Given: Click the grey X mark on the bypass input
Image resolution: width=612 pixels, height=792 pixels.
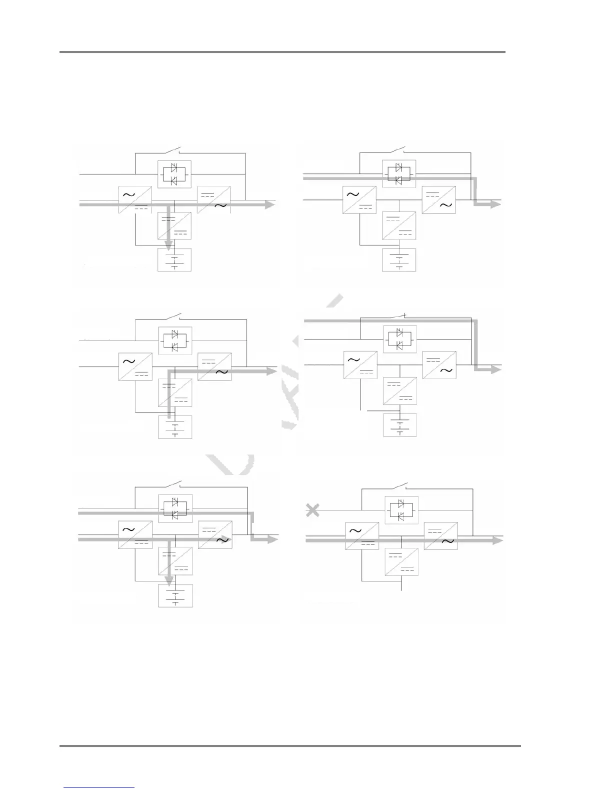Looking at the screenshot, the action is [312, 510].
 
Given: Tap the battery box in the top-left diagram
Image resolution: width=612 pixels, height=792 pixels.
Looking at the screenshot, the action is [174, 259].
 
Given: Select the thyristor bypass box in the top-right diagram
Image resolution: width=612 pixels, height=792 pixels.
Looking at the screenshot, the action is [398, 173].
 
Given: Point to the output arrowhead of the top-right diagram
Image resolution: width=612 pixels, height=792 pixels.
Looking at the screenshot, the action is [495, 204].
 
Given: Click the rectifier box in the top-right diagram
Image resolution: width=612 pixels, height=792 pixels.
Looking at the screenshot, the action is [359, 199].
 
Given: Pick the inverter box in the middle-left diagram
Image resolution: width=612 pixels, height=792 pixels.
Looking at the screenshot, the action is [214, 366].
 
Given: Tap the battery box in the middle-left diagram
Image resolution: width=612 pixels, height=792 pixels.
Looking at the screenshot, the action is [175, 427].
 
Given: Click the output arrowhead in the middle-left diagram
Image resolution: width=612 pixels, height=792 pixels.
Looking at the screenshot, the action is [271, 370].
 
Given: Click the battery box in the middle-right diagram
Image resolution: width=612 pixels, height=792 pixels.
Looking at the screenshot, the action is [400, 425].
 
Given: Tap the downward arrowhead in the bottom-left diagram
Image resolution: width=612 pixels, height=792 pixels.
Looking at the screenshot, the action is [169, 580].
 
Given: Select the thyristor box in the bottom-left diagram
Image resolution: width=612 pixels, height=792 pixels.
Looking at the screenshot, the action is [174, 508].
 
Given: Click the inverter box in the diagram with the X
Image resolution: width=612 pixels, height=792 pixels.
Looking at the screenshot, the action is [440, 536].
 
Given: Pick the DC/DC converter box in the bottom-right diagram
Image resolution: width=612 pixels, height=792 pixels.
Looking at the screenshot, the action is [401, 561].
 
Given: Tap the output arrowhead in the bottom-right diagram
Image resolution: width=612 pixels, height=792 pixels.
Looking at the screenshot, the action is [497, 540].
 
